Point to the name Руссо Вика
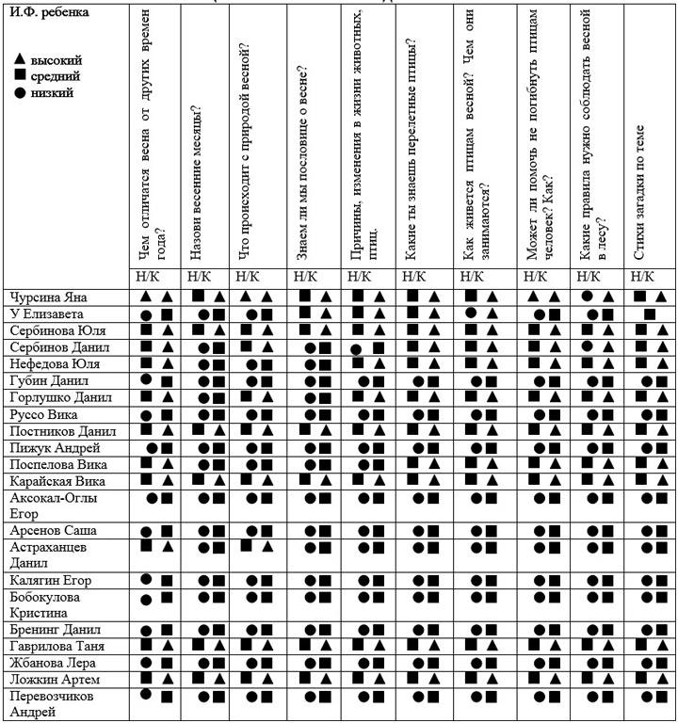pyautogui.click(x=43, y=415)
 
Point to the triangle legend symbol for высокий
pyautogui.click(x=21, y=59)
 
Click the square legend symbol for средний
pyautogui.click(x=21, y=76)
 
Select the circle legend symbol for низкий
pyautogui.click(x=21, y=93)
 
